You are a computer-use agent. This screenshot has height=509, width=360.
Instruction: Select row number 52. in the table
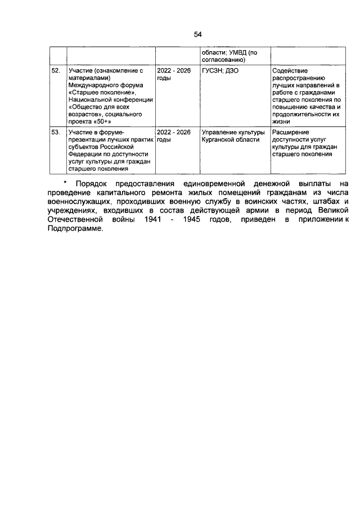click(x=56, y=71)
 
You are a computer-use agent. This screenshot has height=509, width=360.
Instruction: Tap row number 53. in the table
click(x=56, y=132)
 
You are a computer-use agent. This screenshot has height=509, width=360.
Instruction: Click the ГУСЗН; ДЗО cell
click(x=220, y=71)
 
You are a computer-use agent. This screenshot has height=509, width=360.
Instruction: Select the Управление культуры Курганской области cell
click(x=232, y=136)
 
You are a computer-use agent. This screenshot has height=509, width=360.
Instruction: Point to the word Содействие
click(x=289, y=71)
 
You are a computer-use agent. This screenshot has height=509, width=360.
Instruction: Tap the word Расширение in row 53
click(x=290, y=132)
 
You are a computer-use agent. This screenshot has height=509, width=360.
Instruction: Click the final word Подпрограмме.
click(x=71, y=227)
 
